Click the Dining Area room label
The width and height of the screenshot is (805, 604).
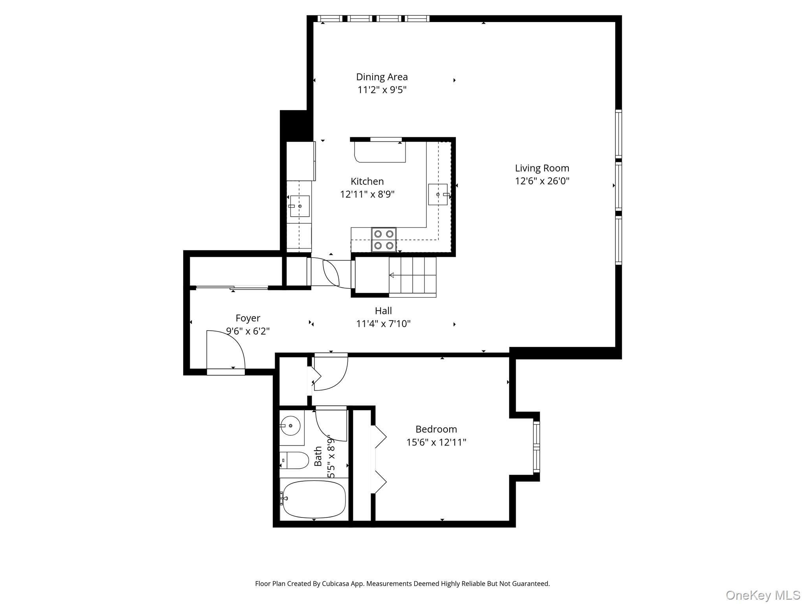[x=382, y=77]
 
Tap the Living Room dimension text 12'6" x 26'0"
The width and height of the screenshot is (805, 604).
[x=542, y=181]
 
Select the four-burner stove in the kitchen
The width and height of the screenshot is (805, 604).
[x=384, y=239]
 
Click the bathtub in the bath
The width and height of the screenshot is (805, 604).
[x=314, y=499]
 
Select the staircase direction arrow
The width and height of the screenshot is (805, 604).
[x=392, y=275]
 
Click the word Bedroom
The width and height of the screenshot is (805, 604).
[x=436, y=429]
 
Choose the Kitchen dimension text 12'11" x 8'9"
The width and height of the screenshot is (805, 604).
[x=367, y=194]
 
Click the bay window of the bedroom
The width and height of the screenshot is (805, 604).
[x=536, y=447]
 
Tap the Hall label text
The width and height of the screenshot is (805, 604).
[x=383, y=311]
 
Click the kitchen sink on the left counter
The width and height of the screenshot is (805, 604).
[x=300, y=206]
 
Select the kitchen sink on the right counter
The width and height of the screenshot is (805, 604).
[x=437, y=194]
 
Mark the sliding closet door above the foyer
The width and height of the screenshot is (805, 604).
[x=232, y=288]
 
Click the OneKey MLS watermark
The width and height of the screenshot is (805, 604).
[x=763, y=595]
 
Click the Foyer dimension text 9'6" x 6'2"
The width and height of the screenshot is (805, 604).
[x=248, y=331]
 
